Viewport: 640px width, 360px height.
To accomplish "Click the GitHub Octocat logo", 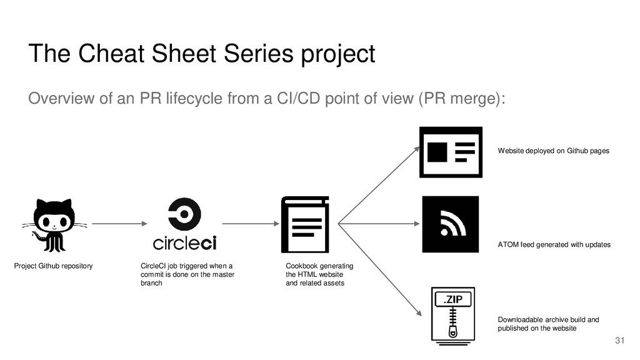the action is click(54, 225).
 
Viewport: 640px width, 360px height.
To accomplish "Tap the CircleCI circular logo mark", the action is click(184, 214).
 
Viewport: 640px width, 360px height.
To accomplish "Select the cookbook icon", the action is click(305, 224).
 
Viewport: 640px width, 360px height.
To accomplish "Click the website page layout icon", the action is click(451, 152).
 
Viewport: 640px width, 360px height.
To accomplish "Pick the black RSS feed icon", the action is click(450, 224).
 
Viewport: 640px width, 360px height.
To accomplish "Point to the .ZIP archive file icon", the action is click(453, 316).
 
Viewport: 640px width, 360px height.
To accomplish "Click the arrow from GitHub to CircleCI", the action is click(119, 224).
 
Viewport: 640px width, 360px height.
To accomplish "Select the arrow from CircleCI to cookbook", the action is click(251, 224).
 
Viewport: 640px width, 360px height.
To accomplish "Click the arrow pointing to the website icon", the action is click(379, 185).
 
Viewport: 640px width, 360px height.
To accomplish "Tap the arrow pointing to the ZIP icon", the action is click(379, 270).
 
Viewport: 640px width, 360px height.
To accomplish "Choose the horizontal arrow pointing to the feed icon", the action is click(379, 224).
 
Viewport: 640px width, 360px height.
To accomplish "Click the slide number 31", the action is click(619, 341).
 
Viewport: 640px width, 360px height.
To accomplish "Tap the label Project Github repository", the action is click(54, 266).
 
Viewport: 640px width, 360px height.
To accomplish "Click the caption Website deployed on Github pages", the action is click(554, 151).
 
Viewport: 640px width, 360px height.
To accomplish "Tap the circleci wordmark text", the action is click(184, 243).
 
